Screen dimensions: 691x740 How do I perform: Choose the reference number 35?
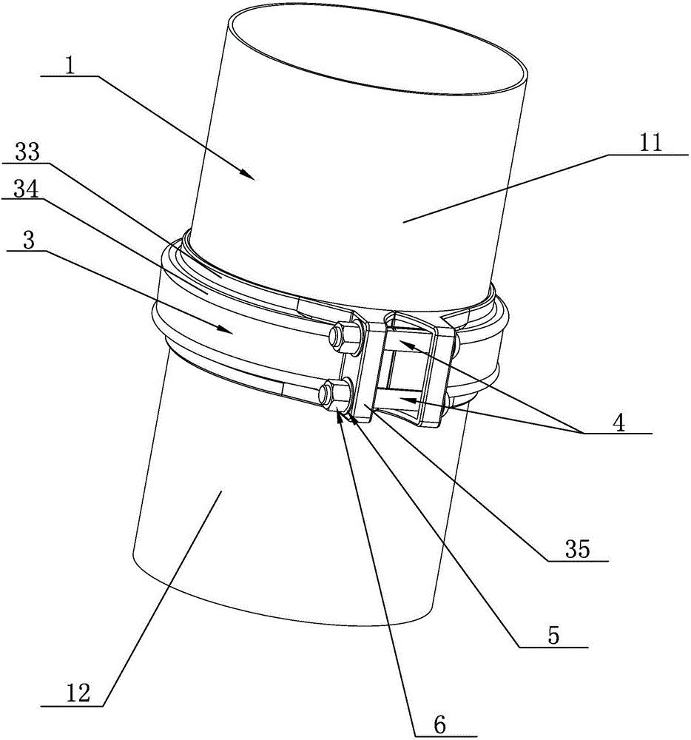pyautogui.click(x=579, y=551)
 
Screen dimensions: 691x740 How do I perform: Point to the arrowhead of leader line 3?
pyautogui.click(x=231, y=332)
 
